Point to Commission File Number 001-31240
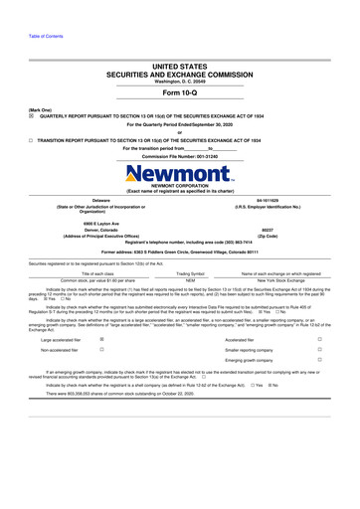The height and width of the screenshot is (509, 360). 179,157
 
